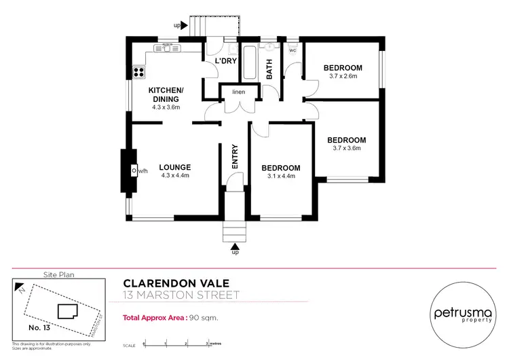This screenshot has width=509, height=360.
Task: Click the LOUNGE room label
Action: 174,167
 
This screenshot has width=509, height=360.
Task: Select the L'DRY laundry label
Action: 225,61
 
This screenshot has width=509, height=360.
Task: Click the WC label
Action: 293,50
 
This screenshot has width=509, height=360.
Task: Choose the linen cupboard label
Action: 238,92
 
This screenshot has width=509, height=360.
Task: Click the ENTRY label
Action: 235,157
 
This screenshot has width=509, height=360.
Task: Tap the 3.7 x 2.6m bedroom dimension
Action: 342,76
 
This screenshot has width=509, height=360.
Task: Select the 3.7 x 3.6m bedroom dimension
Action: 346,147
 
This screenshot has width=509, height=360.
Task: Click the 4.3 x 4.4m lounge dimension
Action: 174,175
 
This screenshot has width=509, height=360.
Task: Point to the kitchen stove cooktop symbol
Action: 140,70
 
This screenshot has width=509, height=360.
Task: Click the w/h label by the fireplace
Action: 142,171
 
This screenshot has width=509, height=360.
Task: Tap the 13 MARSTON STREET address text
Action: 181,295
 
